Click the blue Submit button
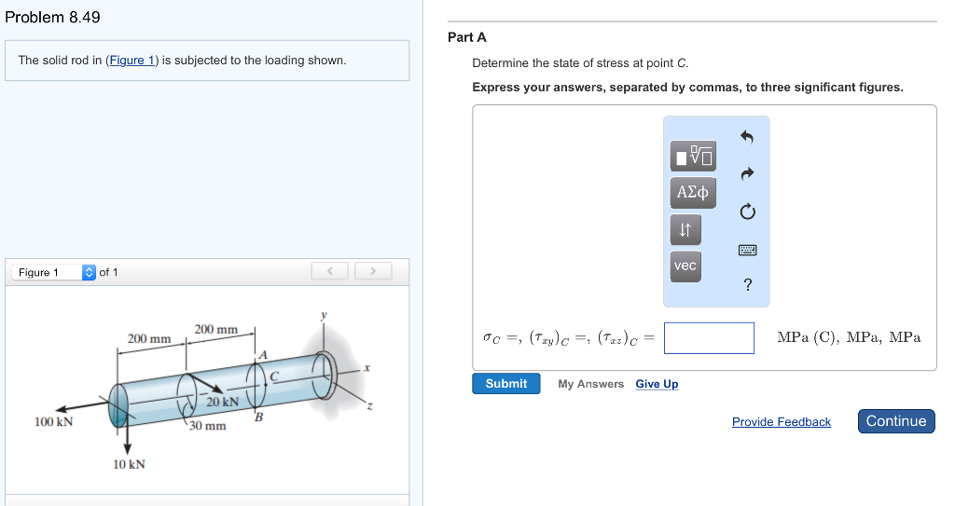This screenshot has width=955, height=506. click(506, 384)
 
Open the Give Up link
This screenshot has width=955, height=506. click(657, 384)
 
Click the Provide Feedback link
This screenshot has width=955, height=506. click(781, 422)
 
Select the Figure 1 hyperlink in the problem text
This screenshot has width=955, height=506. click(131, 61)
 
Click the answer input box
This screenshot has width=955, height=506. click(709, 338)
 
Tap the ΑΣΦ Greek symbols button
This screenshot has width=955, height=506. click(691, 193)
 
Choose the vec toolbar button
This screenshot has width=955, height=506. click(685, 266)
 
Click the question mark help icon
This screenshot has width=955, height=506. click(748, 285)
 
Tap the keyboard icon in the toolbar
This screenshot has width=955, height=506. click(748, 250)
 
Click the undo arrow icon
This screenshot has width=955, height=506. click(747, 137)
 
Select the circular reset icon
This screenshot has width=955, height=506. click(747, 212)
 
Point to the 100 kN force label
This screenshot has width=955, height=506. click(54, 422)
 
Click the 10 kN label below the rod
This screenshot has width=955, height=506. click(129, 464)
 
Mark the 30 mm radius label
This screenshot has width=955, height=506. click(208, 426)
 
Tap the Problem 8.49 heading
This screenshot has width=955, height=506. click(53, 18)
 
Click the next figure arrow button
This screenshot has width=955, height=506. click(372, 271)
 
